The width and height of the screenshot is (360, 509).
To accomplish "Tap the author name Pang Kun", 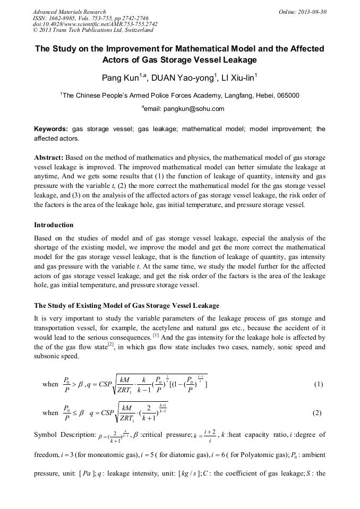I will coord(120,79).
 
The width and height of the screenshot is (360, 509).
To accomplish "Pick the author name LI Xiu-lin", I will coord(238,79).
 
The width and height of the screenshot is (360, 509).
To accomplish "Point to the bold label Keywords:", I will coord(51,129).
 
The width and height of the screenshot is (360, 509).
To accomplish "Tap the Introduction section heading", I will coord(54,225).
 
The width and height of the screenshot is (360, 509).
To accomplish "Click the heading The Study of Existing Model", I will coord(126,306).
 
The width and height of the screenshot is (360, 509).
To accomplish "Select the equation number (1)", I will coord(318,384).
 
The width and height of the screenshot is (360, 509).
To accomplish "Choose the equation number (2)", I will coord(318,413).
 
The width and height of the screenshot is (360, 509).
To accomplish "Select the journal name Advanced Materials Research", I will coord(69,12).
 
